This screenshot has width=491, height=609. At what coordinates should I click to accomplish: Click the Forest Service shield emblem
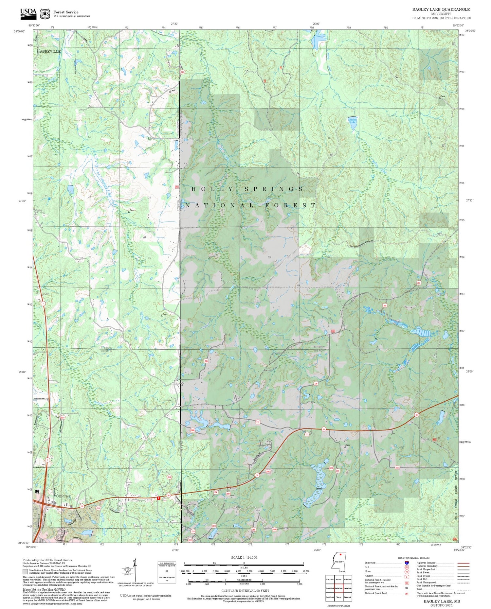point(45,14)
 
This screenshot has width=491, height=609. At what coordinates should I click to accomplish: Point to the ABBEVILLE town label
point(50,52)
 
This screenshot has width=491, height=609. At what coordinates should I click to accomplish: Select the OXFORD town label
point(63,496)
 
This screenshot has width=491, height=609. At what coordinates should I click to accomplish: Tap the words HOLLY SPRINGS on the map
point(247,189)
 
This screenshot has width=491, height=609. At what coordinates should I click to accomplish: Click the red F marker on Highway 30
point(159,498)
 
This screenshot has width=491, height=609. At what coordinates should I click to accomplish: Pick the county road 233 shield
point(397,468)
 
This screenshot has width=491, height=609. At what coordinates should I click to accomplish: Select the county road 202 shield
point(418,282)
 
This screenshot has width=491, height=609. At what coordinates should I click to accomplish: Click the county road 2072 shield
point(331,468)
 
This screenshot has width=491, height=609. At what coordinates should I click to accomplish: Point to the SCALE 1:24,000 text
point(244,558)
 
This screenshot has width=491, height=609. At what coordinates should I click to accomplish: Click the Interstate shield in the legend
point(407,563)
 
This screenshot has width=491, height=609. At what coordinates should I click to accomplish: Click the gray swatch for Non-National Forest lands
point(25,571)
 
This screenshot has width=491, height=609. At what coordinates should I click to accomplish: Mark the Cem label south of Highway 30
point(348,445)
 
